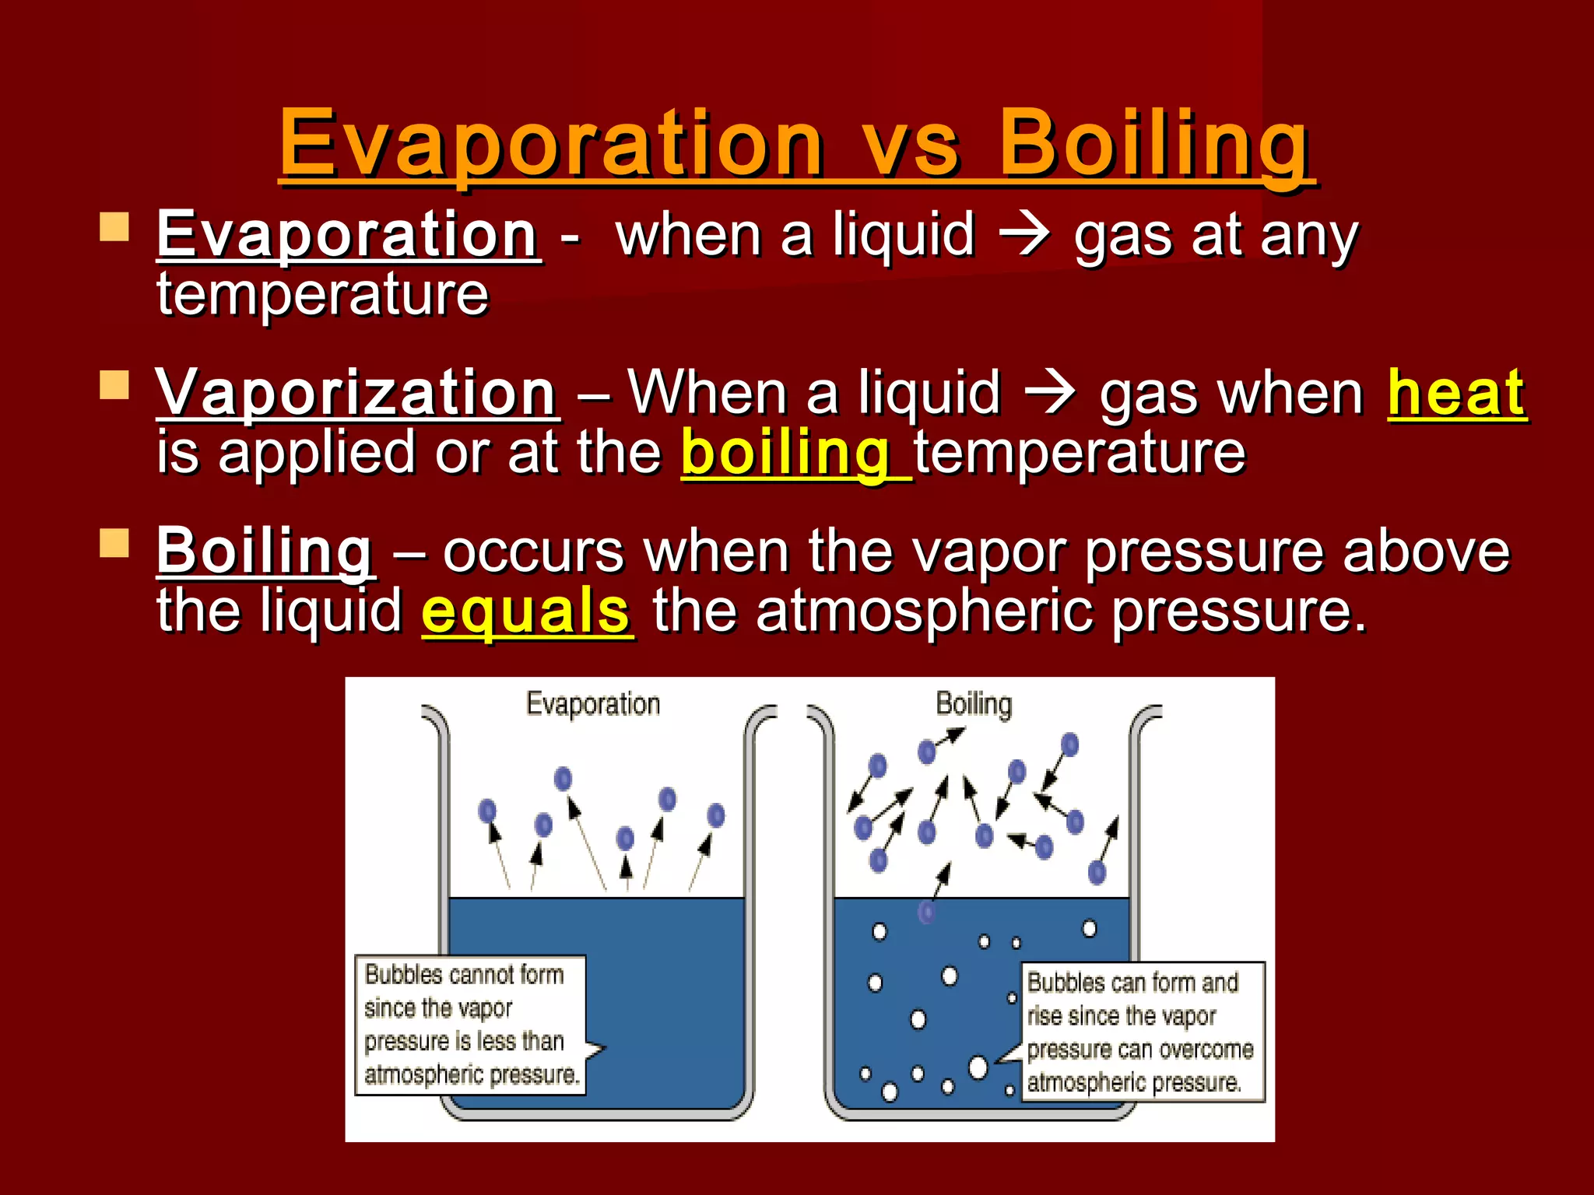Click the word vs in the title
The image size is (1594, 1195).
911,144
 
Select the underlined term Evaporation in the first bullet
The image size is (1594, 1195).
347,235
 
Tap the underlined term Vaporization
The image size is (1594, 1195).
356,394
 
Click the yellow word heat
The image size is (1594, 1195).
1456,394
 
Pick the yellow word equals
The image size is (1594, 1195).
526,612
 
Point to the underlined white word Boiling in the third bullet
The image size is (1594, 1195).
265,552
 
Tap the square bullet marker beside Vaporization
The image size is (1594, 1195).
114,384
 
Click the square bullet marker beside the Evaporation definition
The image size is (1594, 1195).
114,227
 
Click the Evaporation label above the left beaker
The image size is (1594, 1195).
593,704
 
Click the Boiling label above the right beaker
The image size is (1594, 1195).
974,704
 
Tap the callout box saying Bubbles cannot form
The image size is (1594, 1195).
470,1025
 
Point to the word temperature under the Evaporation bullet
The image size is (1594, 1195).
322,296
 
